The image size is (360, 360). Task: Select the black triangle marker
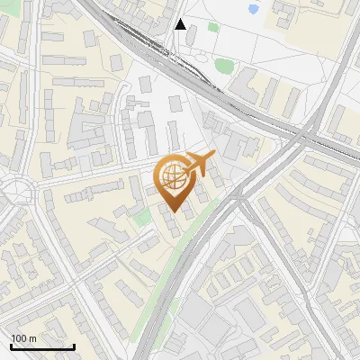tap(181, 24)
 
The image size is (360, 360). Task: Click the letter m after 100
tap(32, 338)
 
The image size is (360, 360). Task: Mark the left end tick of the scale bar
tap(11, 346)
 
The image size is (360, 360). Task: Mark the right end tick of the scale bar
tap(74, 346)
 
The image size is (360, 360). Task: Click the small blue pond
tap(253, 10)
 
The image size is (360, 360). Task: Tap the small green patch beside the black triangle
tap(213, 26)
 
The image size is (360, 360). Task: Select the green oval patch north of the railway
tap(222, 64)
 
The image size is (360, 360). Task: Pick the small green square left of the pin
tap(140, 217)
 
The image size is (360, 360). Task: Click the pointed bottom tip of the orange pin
tap(174, 211)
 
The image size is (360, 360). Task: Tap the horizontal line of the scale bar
tap(42, 347)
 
